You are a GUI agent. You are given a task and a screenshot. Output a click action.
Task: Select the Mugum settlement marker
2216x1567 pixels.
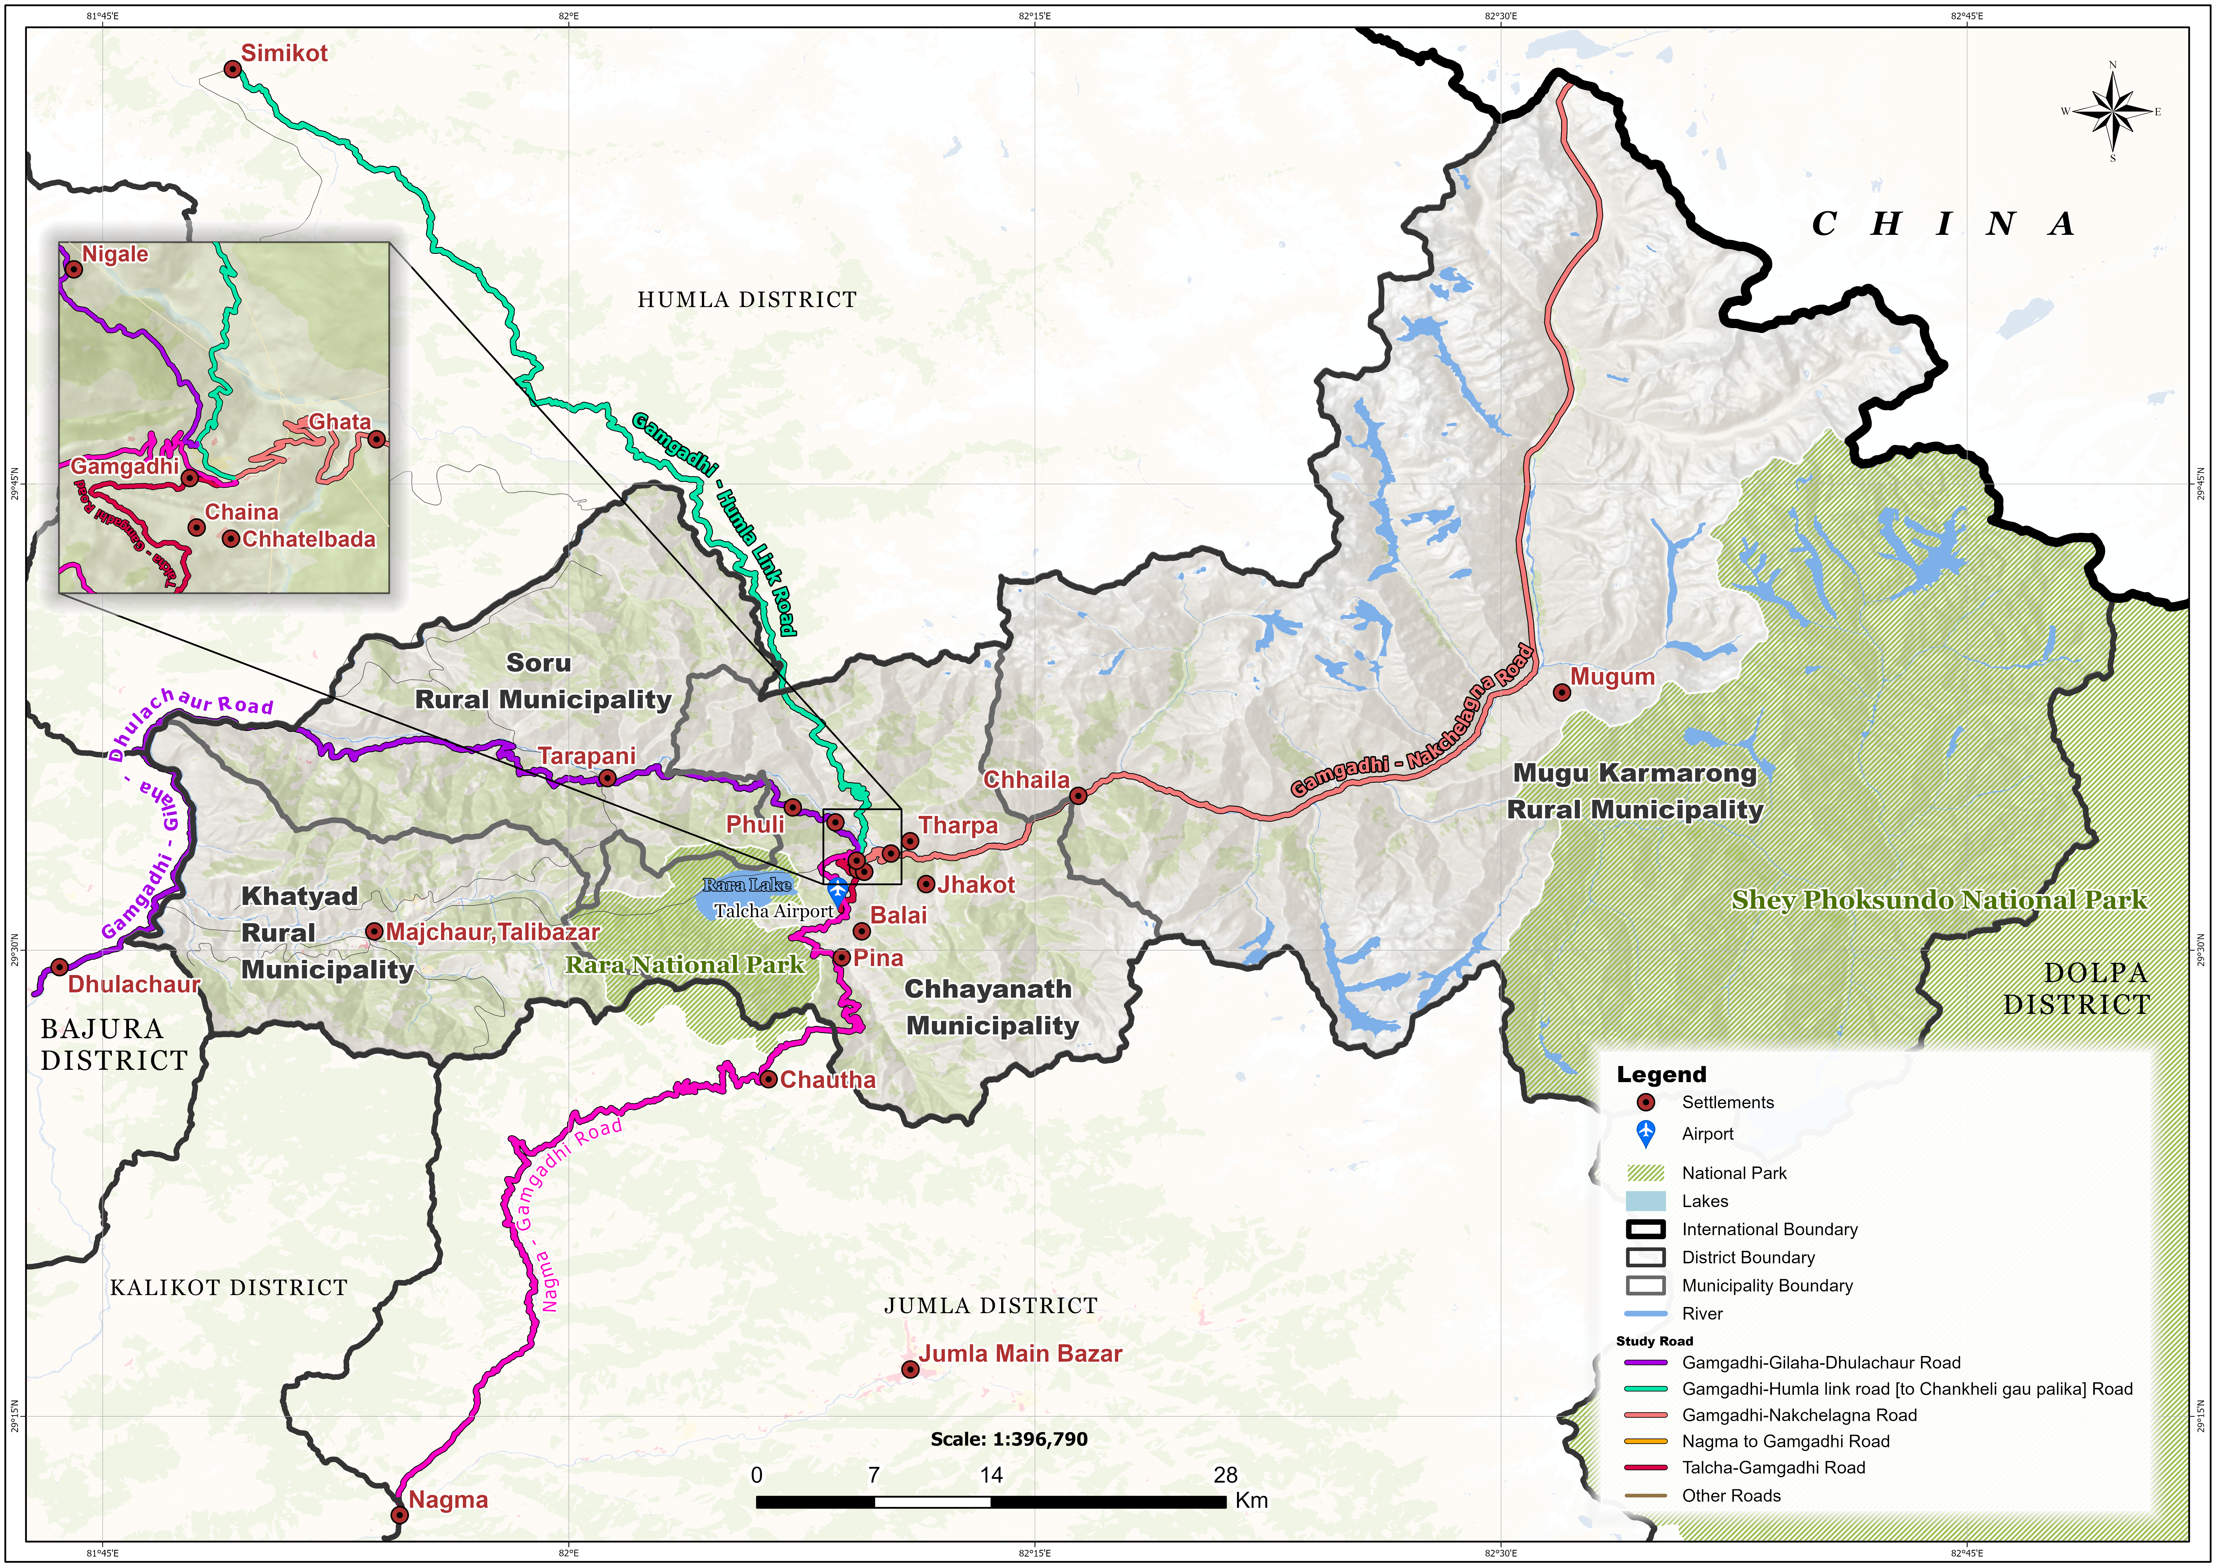coord(1561,692)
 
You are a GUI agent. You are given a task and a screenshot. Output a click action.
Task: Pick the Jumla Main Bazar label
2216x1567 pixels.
coord(1020,1354)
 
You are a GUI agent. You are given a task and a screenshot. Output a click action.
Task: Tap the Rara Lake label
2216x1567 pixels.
coord(747,884)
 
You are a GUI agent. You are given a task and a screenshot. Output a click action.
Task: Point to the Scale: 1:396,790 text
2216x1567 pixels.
coord(1009,1439)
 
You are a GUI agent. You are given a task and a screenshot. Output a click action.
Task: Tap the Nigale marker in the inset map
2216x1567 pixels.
coord(73,268)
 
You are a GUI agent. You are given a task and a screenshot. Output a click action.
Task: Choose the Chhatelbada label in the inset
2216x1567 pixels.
coord(309,539)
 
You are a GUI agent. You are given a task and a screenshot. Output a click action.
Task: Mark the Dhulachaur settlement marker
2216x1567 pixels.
coord(59,967)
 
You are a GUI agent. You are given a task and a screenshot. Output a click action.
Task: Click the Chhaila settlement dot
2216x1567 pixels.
coord(1078,796)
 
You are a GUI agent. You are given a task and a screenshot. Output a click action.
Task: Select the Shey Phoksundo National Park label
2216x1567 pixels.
coord(1939,900)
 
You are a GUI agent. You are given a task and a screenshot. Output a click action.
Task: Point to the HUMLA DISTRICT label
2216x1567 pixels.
coord(747,300)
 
